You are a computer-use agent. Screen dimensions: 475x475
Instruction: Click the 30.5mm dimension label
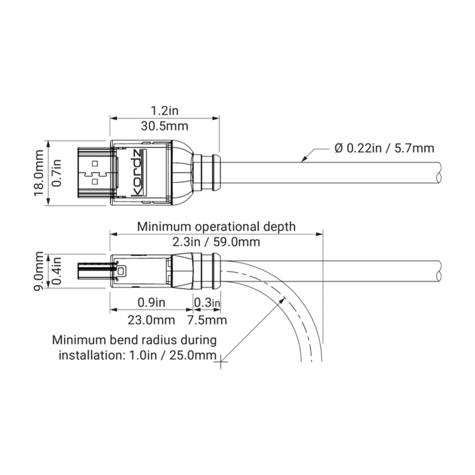tap(164, 126)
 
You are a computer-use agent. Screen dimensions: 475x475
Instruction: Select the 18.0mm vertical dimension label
tap(39, 173)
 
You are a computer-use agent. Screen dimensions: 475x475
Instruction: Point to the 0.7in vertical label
tap(57, 173)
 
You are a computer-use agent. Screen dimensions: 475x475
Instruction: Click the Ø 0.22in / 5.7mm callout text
tap(384, 148)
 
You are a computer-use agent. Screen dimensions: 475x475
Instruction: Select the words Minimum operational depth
tap(216, 226)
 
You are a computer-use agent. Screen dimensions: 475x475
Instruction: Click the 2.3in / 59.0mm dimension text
tap(216, 242)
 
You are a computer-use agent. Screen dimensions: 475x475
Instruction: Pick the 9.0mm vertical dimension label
tap(39, 271)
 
